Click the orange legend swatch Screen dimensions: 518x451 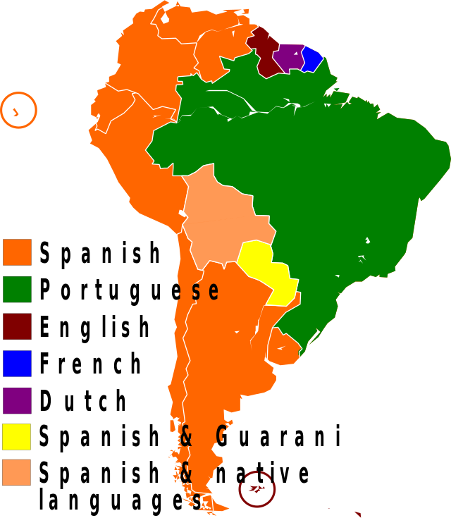click(x=17, y=252)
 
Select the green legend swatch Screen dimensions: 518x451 click(x=17, y=289)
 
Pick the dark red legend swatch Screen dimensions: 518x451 click(x=17, y=326)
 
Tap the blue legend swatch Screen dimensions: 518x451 click(x=17, y=363)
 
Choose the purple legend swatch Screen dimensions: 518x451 click(x=17, y=400)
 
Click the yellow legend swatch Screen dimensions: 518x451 click(x=17, y=436)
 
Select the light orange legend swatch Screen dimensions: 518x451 click(x=17, y=472)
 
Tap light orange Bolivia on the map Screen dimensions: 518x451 click(x=222, y=218)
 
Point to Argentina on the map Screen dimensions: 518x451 click(x=218, y=338)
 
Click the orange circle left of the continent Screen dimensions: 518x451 click(x=19, y=110)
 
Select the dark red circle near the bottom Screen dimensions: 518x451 click(x=257, y=488)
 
